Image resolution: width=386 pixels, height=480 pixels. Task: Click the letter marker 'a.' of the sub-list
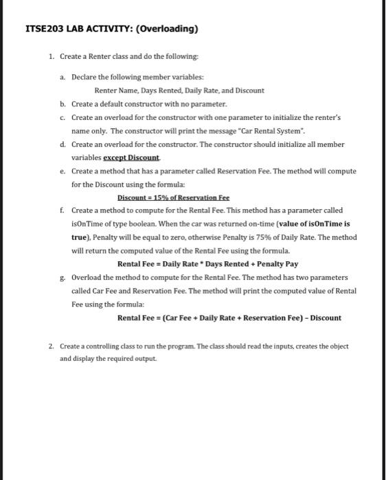[x=63, y=77]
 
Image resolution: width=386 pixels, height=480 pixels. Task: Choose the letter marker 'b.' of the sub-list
[x=63, y=104]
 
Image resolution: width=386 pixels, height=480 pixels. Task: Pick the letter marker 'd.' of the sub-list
[x=63, y=145]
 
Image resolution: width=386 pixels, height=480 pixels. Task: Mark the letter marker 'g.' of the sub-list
[x=63, y=277]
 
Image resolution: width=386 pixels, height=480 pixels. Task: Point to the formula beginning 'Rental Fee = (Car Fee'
[x=229, y=317]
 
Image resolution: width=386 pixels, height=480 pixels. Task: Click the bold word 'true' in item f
[x=80, y=237]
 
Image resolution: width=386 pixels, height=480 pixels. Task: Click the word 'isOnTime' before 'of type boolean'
[x=87, y=224]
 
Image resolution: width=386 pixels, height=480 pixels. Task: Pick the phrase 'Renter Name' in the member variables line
[x=113, y=91]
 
